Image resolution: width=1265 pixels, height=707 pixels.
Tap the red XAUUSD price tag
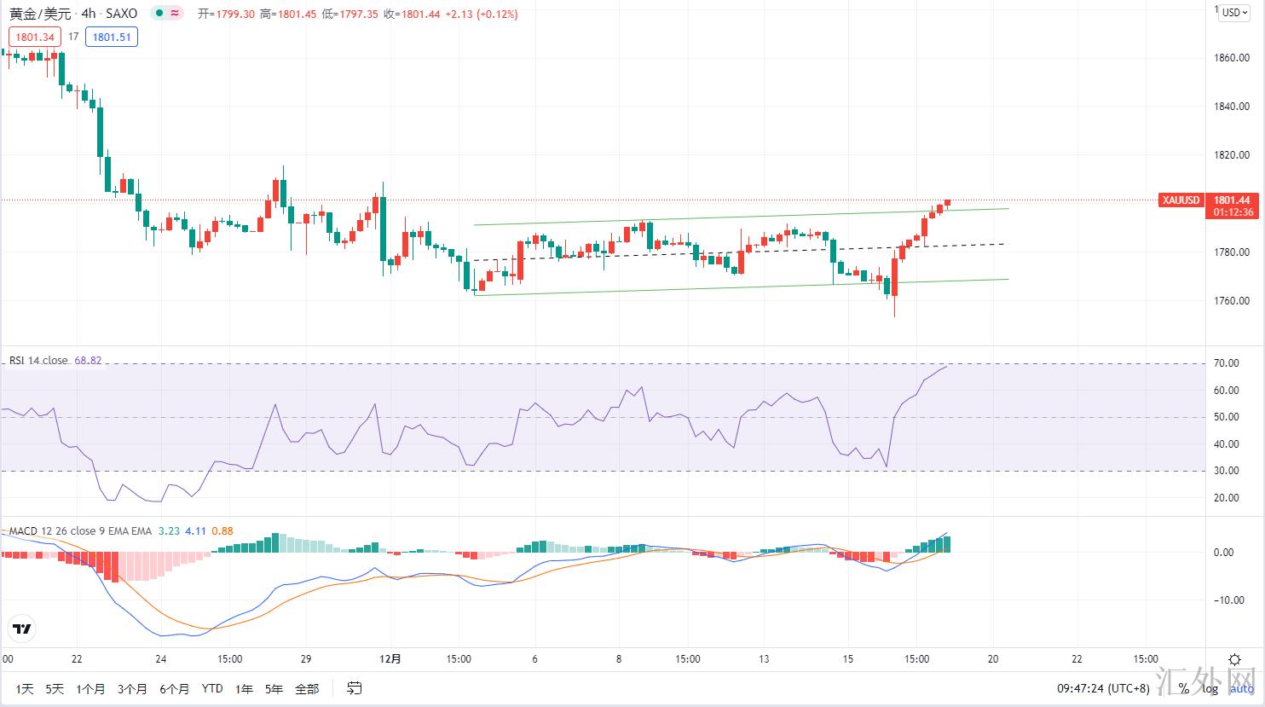1181,200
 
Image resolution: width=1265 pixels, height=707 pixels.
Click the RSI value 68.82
88,361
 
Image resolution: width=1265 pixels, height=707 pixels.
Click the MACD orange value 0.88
222,531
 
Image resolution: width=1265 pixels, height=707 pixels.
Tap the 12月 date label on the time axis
390,659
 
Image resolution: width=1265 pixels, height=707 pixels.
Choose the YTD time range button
212,689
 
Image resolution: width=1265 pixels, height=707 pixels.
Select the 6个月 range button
174,689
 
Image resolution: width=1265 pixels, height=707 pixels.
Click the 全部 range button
307,689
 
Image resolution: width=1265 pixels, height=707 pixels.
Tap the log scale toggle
1210,689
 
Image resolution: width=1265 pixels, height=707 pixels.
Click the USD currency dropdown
1233,12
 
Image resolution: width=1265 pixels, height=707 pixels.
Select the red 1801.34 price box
34,37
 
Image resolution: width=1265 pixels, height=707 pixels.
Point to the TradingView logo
22,629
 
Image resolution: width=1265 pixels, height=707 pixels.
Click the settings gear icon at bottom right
1234,659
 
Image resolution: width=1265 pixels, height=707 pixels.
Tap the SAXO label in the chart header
121,14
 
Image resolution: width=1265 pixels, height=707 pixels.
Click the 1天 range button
25,689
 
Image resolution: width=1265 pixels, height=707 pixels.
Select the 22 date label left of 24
77,659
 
